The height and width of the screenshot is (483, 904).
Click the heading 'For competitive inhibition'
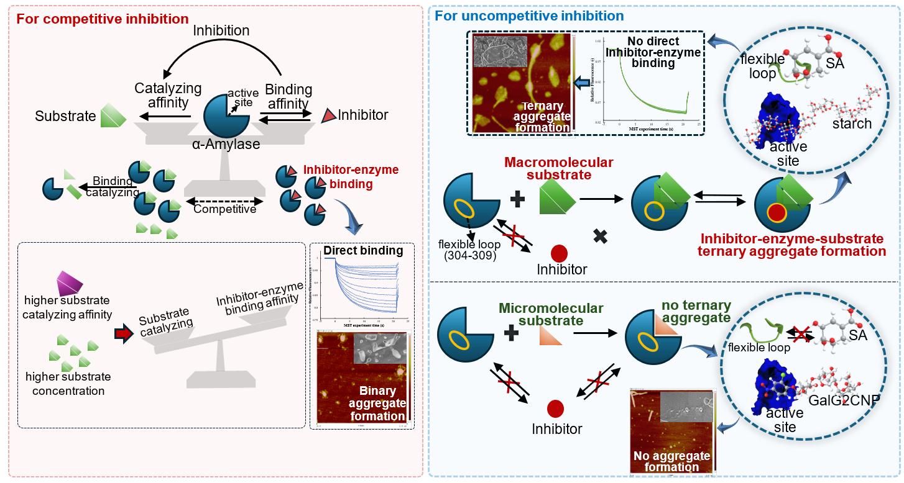pyautogui.click(x=103, y=18)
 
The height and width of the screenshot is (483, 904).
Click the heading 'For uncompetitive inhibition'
pyautogui.click(x=529, y=16)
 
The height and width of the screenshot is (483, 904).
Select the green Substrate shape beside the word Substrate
pyautogui.click(x=114, y=115)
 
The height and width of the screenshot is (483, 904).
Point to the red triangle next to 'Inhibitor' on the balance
pyautogui.click(x=328, y=115)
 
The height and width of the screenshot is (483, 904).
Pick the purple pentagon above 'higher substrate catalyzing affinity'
pyautogui.click(x=70, y=284)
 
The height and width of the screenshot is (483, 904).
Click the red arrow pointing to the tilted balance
pyautogui.click(x=124, y=334)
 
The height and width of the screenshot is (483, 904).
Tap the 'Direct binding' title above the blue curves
pyautogui.click(x=363, y=251)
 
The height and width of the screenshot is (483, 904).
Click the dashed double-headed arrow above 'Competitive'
pyautogui.click(x=224, y=201)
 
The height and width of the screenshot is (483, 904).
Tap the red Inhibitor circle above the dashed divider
pyautogui.click(x=559, y=253)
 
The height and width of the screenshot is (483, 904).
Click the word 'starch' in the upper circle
pyautogui.click(x=852, y=124)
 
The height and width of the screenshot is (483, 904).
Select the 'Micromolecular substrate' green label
pyautogui.click(x=551, y=314)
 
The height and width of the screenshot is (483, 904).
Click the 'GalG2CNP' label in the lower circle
pyautogui.click(x=844, y=400)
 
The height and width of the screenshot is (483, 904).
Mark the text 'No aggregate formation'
pyautogui.click(x=667, y=462)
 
